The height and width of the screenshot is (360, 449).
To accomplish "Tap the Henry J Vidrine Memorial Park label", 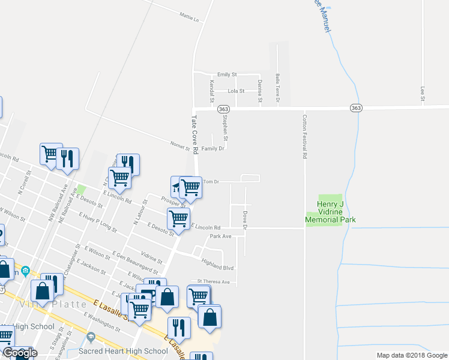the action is (x=330, y=212).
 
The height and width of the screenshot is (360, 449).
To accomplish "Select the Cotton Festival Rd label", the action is (x=305, y=136).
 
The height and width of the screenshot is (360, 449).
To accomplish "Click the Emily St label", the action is (x=227, y=74).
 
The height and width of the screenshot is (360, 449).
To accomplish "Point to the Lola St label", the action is (x=236, y=91).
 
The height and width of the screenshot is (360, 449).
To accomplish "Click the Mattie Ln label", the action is (x=189, y=16).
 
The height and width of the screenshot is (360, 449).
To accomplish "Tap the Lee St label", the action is (x=423, y=93).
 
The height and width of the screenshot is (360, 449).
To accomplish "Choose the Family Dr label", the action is (x=212, y=148).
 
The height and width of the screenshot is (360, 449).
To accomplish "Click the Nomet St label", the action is (x=179, y=146).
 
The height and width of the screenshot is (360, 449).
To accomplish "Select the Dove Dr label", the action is (x=245, y=219).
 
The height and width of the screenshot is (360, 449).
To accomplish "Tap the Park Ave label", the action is (x=220, y=236).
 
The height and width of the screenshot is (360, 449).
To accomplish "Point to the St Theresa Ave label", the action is (x=214, y=281).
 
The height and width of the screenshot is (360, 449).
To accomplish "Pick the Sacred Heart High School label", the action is (x=124, y=351).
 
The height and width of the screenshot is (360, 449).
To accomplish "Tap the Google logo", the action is (x=19, y=353).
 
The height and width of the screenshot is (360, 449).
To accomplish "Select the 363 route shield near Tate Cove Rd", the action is (x=223, y=109).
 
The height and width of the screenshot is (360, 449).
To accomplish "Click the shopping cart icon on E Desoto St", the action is (x=178, y=220).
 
